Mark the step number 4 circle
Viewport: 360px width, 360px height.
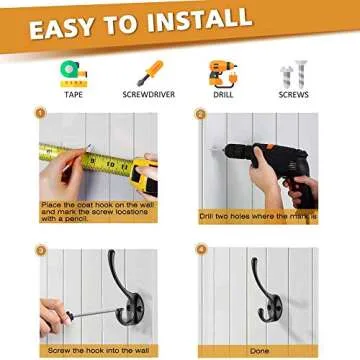(199, 249)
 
